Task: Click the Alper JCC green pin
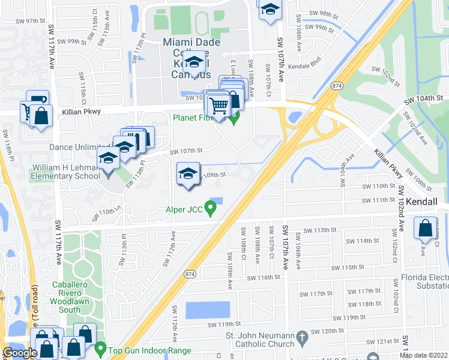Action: coord(210,209)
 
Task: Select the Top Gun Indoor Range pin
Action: coord(100,349)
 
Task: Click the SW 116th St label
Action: coord(265,277)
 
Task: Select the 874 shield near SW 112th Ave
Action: coord(190,274)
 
